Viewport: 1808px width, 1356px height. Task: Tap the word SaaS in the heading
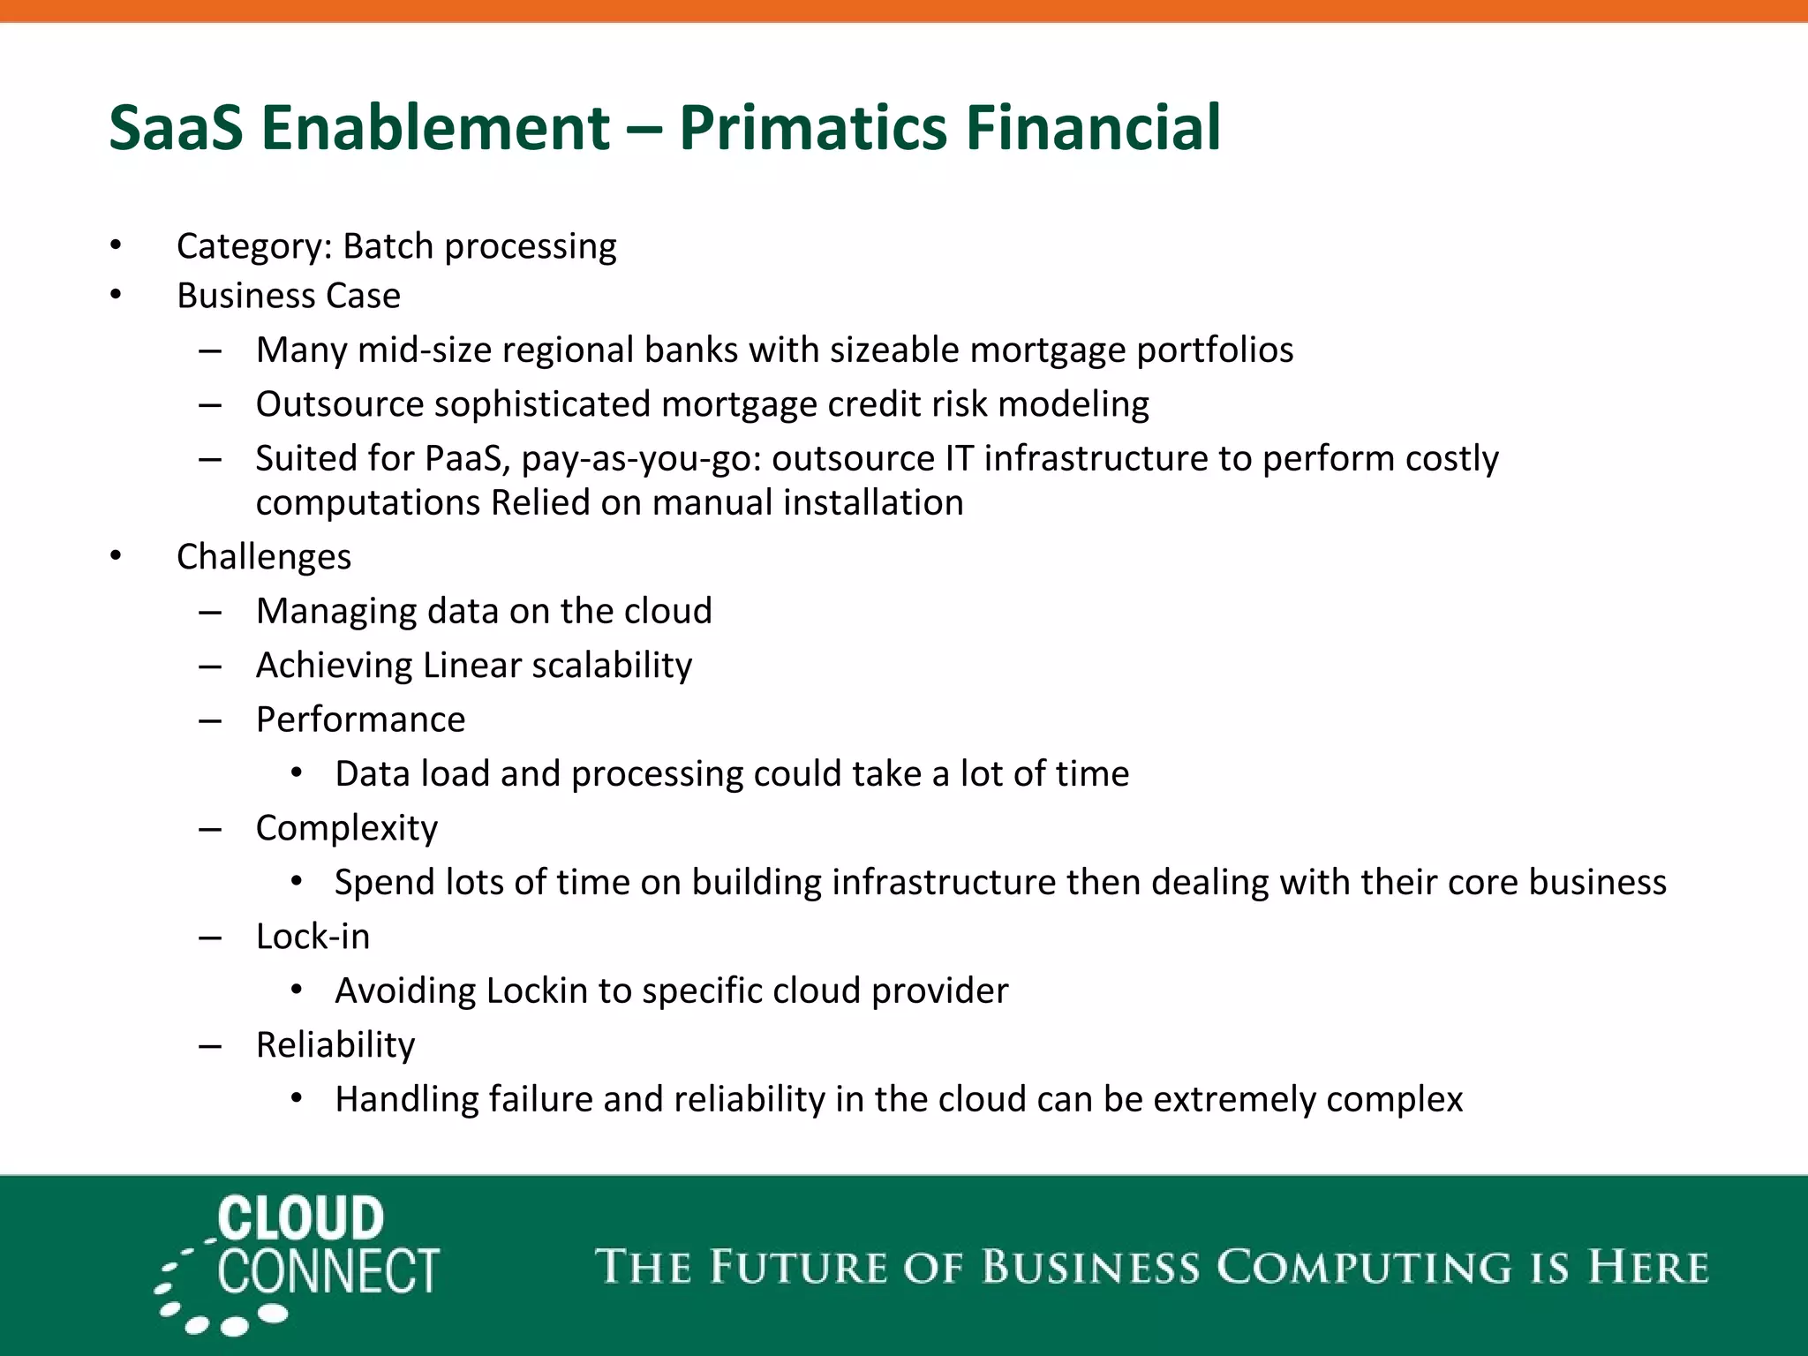176,128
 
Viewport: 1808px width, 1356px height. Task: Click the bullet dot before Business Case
116,295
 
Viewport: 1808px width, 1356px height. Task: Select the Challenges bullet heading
263,557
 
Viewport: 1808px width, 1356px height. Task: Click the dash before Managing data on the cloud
210,612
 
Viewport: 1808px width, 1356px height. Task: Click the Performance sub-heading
360,719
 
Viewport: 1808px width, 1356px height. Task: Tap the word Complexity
346,828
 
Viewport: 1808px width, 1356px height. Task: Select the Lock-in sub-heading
313,937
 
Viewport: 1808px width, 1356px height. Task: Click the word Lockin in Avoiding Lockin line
537,991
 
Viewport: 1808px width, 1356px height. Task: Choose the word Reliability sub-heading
335,1045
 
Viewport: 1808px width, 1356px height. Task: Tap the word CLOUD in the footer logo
301,1218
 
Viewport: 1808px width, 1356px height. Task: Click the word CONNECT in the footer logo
328,1272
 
